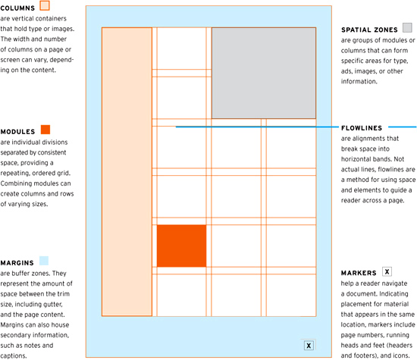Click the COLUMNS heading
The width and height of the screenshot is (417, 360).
pos(22,7)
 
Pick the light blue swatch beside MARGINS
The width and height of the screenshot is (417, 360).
pos(45,261)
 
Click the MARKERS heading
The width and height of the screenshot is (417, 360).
pos(359,272)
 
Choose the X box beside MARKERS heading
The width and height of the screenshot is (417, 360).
pos(387,271)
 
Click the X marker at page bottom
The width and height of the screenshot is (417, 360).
pos(309,346)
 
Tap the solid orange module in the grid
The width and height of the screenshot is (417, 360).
pos(181,246)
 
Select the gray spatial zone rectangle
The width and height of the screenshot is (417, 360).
pos(263,73)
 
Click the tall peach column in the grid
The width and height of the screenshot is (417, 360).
pos(127,171)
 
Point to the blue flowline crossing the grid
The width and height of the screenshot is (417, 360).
pos(250,127)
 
